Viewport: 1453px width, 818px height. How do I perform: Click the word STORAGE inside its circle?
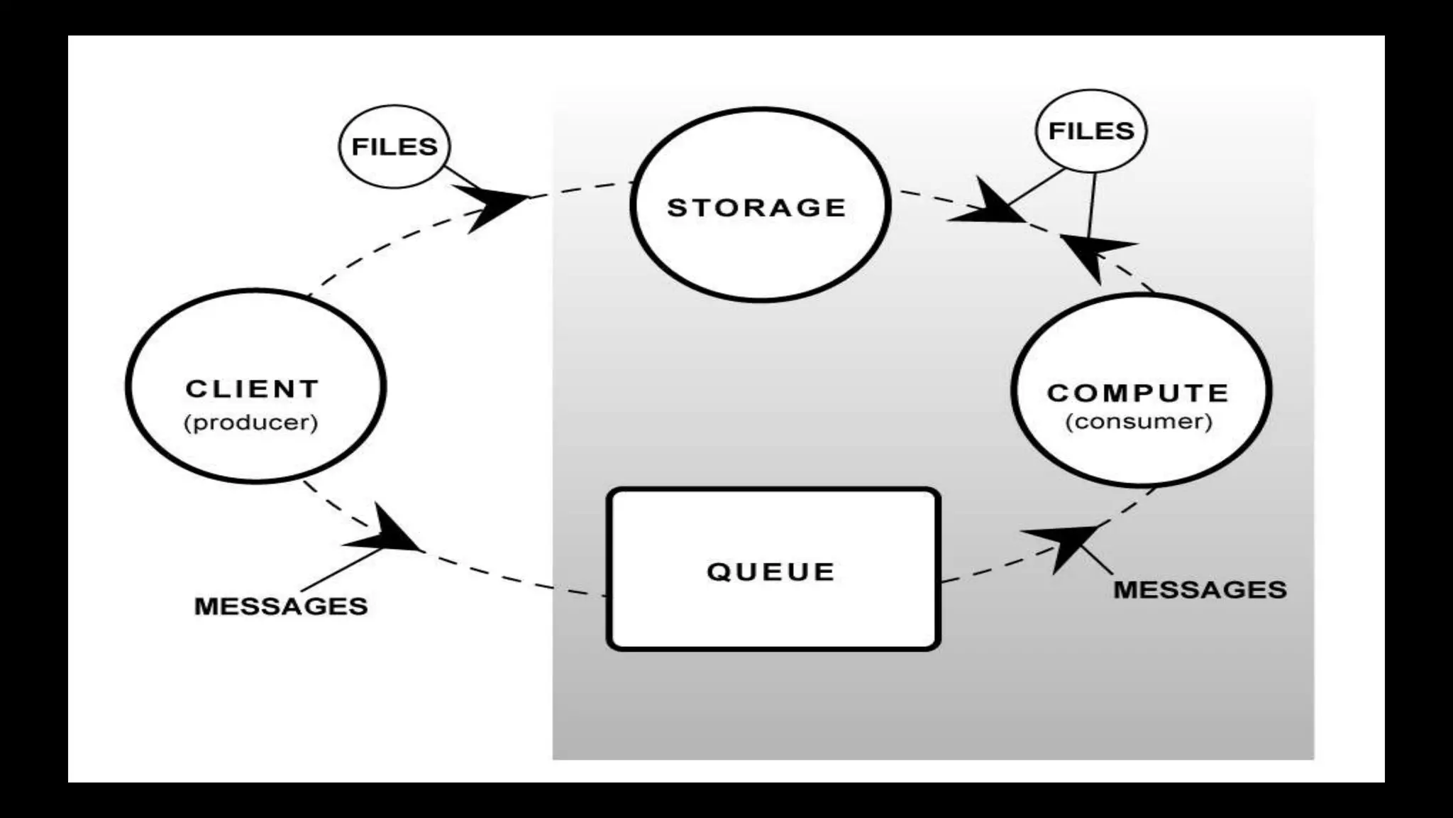tap(757, 207)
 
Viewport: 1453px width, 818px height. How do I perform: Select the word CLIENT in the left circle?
tap(252, 389)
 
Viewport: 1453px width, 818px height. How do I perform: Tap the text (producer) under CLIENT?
tap(250, 422)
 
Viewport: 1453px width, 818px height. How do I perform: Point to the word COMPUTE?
tap(1137, 393)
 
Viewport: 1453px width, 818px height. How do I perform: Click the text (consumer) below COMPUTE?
tap(1139, 422)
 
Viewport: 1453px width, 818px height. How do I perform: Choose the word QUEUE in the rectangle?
tap(770, 572)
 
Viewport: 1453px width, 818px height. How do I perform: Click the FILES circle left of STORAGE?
tap(394, 146)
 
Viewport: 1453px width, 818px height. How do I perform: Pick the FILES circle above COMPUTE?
tap(1091, 131)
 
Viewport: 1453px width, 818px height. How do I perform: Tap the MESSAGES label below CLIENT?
tap(281, 606)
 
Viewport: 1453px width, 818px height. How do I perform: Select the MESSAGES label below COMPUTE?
tap(1200, 590)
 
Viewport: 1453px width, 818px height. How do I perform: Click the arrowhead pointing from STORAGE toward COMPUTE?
tap(990, 207)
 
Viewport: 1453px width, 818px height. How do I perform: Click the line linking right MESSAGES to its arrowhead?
tap(1096, 559)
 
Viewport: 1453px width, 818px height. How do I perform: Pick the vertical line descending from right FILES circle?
tap(1091, 206)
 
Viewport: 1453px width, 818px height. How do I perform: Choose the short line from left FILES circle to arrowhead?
tap(460, 177)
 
